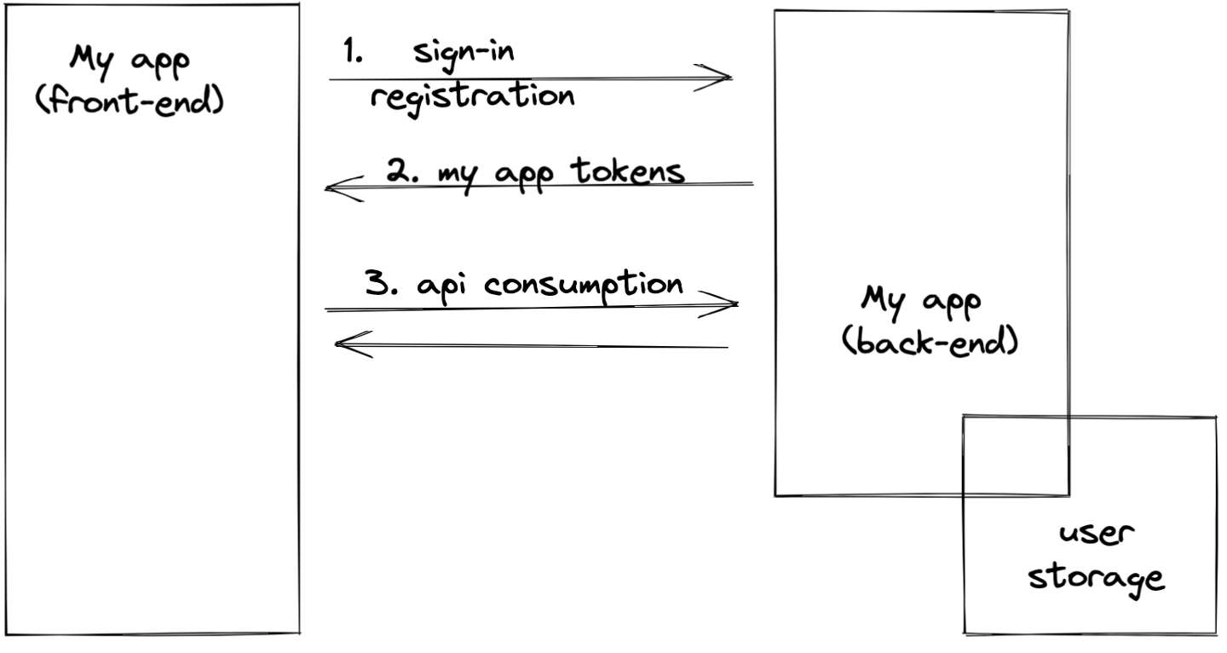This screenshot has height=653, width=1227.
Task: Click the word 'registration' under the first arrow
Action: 471,97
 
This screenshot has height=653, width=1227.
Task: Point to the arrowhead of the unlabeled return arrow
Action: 345,344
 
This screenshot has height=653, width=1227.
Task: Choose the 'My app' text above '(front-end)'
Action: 131,64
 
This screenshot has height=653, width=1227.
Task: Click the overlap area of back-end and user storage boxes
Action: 1016,455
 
